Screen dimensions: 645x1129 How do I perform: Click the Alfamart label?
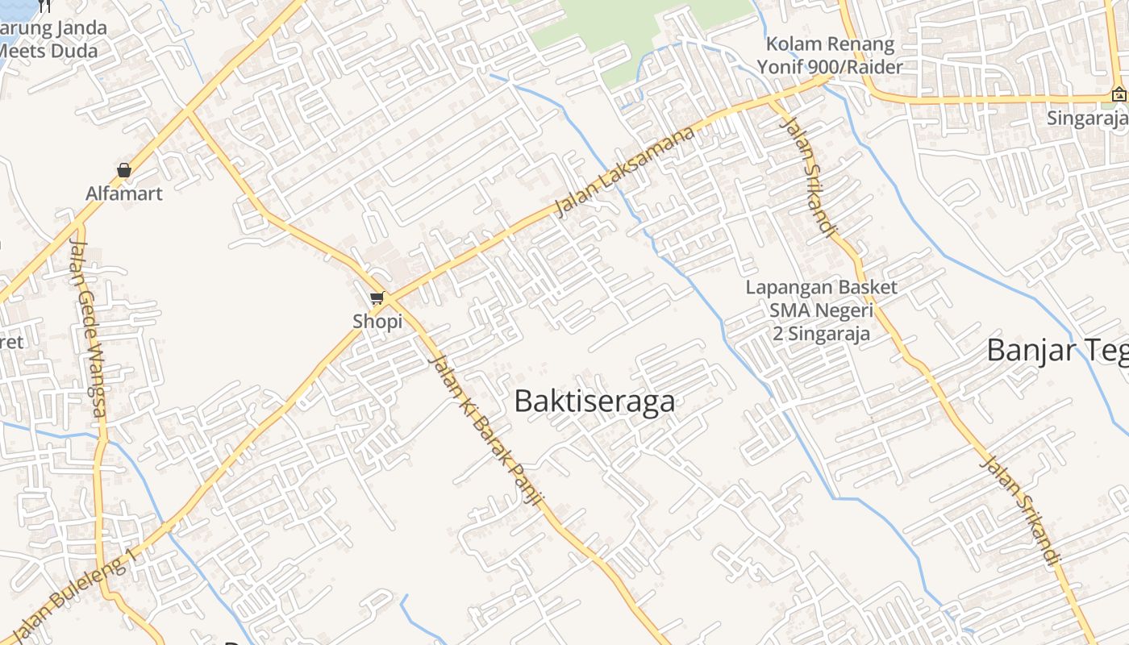click(124, 193)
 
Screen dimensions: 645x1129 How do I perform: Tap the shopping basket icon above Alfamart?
click(124, 170)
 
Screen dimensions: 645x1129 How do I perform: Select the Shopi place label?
click(377, 322)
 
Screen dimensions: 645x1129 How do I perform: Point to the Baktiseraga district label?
click(594, 402)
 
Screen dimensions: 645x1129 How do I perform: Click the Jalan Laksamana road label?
click(625, 173)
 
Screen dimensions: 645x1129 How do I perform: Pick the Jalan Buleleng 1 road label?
click(73, 597)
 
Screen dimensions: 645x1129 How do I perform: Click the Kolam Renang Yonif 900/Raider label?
click(831, 56)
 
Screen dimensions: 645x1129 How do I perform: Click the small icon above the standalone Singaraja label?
click(1119, 94)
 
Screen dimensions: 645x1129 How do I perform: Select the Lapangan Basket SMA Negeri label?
click(821, 310)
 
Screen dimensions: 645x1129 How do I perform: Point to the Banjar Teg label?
click(1056, 351)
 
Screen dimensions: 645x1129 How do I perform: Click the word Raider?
click(873, 67)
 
